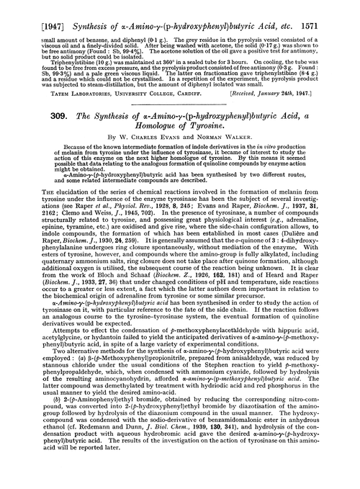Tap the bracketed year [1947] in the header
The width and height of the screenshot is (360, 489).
(26, 9)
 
